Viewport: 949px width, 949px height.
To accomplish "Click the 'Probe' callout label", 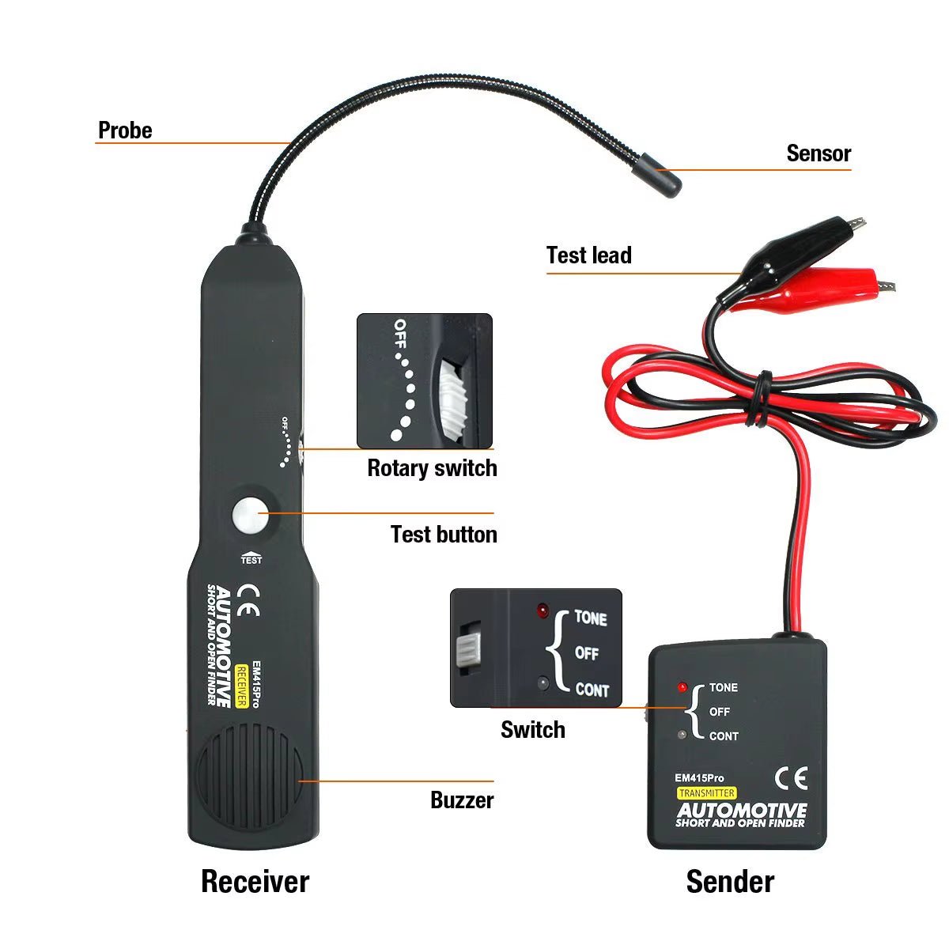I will [x=124, y=130].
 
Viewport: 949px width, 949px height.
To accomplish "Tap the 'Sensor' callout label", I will [x=818, y=153].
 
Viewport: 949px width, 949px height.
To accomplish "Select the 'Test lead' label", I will [x=588, y=255].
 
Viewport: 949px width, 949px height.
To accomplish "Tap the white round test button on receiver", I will [x=250, y=516].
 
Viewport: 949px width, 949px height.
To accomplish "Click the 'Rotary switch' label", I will [x=432, y=468].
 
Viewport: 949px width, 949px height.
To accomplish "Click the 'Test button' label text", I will [x=443, y=535].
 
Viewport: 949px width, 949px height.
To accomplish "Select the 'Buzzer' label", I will [x=462, y=800].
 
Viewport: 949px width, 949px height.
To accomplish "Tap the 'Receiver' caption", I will [x=255, y=882].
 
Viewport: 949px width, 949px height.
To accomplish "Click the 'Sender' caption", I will [x=729, y=882].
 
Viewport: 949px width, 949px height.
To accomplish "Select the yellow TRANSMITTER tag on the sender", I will [x=706, y=793].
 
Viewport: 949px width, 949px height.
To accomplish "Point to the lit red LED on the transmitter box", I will [x=682, y=687].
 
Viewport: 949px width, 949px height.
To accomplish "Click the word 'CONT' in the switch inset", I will [x=592, y=690].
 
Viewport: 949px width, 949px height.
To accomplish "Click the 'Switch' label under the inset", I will [x=532, y=730].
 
